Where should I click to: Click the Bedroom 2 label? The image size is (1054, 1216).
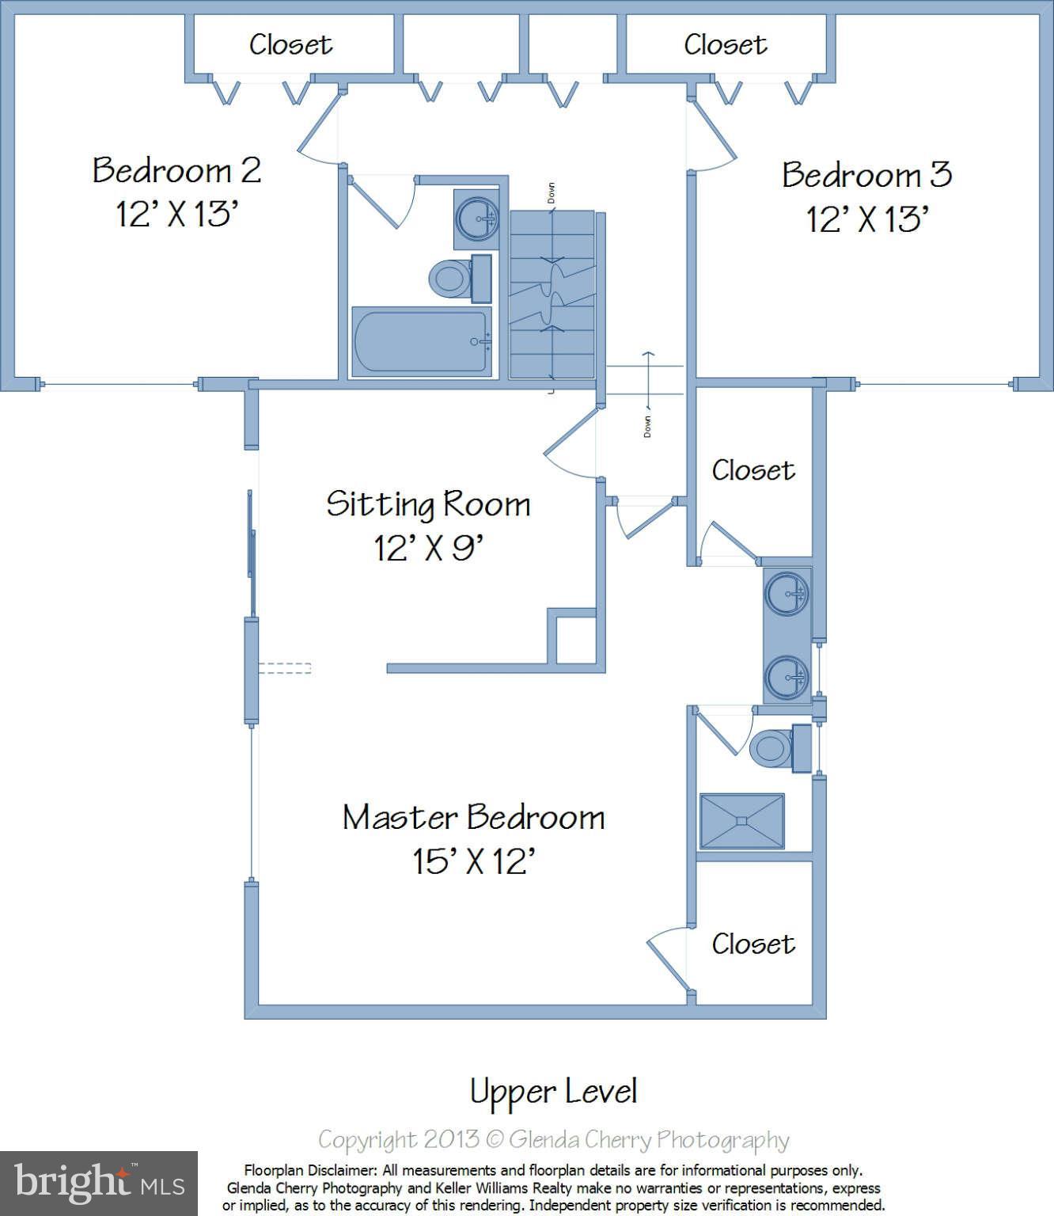coord(176,170)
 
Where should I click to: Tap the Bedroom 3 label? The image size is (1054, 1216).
coord(866,175)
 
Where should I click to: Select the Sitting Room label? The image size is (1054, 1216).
coord(428,504)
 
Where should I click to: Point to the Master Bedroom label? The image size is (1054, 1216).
coord(473,817)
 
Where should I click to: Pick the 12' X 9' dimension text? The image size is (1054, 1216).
coord(428,549)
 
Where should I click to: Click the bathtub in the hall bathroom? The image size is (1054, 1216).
coord(422,341)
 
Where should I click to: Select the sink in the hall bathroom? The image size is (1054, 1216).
coord(477,218)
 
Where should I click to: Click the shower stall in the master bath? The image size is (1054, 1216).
coord(741,821)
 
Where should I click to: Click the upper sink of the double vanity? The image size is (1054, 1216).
coord(787,593)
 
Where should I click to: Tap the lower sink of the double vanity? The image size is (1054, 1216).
coord(787,677)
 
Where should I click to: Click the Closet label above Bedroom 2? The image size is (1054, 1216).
coord(290,44)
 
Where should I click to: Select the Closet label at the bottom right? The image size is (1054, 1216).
coord(753,944)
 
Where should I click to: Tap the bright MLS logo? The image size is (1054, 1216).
coord(99,1183)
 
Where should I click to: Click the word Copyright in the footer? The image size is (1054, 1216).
coord(368,1140)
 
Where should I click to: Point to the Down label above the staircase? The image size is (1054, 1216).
coord(551,193)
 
